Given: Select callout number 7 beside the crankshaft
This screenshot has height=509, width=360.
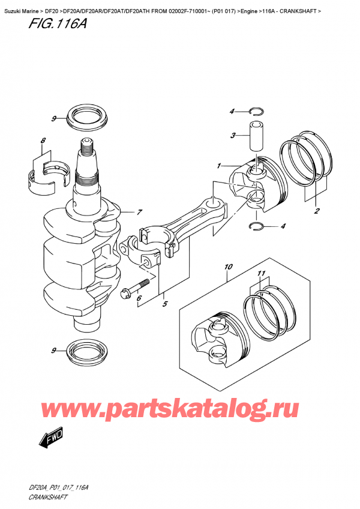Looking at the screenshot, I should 139,212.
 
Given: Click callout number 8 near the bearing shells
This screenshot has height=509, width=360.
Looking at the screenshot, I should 43,142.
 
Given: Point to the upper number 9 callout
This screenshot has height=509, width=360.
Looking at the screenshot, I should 53,119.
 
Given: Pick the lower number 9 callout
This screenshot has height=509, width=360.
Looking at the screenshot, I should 53,350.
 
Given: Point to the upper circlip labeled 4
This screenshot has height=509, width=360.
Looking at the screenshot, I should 256,110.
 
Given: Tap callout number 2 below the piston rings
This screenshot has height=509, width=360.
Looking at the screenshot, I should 316,211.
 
